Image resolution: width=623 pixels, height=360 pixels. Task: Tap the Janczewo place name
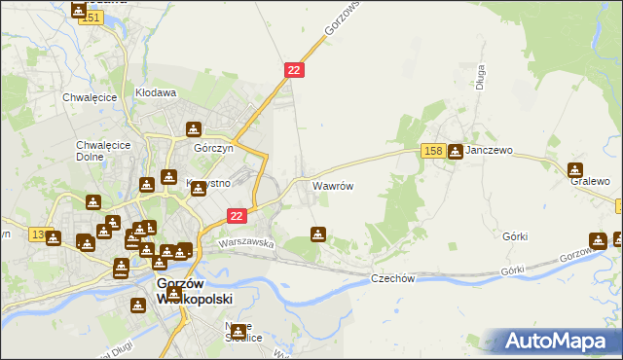tap(490, 152)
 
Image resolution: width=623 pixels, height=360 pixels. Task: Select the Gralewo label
tap(590, 182)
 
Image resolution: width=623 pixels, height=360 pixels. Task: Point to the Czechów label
tap(393, 278)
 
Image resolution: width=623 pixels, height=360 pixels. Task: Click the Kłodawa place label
tap(155, 93)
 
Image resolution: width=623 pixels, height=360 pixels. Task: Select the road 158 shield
tap(434, 151)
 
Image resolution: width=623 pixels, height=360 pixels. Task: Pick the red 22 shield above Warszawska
tap(237, 215)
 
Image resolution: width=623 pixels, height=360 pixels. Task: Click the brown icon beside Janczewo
tap(455, 152)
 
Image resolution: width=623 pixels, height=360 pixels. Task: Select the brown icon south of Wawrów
tap(317, 234)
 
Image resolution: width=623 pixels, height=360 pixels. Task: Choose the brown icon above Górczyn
tap(194, 129)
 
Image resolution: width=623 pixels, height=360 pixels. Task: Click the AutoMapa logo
tap(562, 342)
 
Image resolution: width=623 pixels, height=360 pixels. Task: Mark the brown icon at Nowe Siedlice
tap(238, 333)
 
